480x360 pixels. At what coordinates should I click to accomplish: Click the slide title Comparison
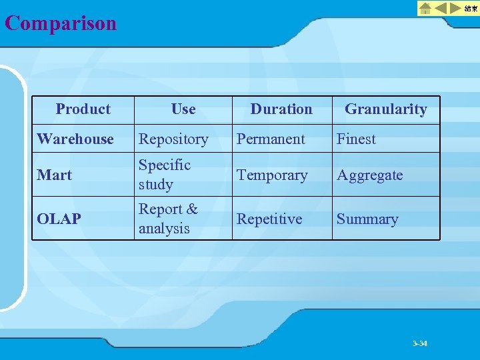pyautogui.click(x=61, y=23)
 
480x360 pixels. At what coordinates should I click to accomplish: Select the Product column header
pyautogui.click(x=83, y=109)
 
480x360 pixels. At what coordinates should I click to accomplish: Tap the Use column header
pyautogui.click(x=183, y=109)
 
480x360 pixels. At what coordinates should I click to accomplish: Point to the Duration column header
pyautogui.click(x=281, y=109)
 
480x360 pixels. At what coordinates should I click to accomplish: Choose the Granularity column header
pyautogui.click(x=385, y=109)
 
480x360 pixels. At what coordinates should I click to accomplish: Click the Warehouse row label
pyautogui.click(x=75, y=139)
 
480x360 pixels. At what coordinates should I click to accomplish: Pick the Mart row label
pyautogui.click(x=55, y=175)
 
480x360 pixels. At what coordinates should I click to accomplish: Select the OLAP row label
pyautogui.click(x=59, y=219)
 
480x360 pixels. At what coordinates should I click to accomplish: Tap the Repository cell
pyautogui.click(x=173, y=139)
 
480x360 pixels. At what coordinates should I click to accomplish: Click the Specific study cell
pyautogui.click(x=165, y=175)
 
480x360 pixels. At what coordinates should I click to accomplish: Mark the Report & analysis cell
pyautogui.click(x=168, y=219)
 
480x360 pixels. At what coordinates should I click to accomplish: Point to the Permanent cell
pyautogui.click(x=271, y=139)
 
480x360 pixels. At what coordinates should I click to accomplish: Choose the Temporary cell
pyautogui.click(x=272, y=175)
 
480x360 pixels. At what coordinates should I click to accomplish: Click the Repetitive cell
pyautogui.click(x=269, y=219)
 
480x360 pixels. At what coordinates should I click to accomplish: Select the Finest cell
pyautogui.click(x=356, y=139)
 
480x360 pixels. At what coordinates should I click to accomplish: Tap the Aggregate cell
pyautogui.click(x=369, y=175)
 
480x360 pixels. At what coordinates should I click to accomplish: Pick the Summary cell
pyautogui.click(x=367, y=219)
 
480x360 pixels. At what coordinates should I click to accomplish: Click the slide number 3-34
pyautogui.click(x=420, y=343)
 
